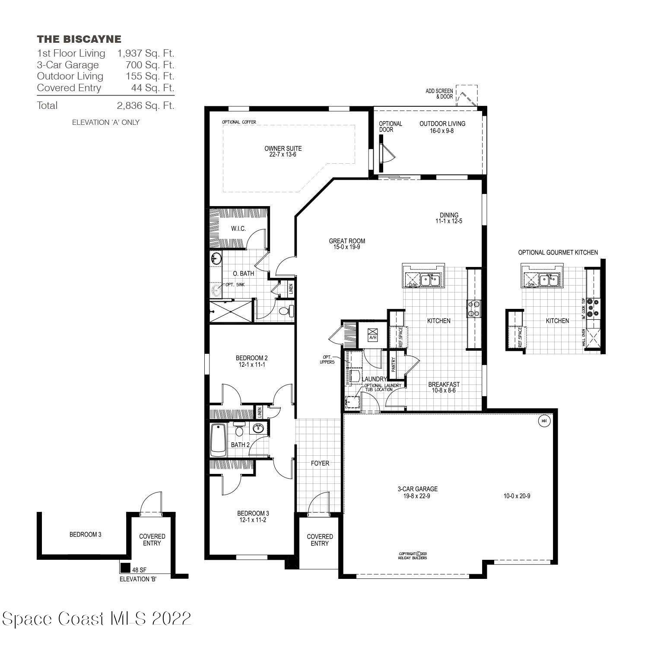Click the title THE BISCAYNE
(79, 39)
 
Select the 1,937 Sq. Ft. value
(146, 54)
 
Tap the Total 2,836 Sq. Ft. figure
(146, 105)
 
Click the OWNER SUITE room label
(283, 151)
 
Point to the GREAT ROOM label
(347, 244)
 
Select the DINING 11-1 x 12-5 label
(449, 218)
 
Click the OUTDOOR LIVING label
(442, 127)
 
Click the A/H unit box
(372, 334)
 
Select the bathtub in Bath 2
(218, 440)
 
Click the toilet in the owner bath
(286, 311)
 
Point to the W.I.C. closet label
(238, 229)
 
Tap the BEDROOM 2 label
(251, 361)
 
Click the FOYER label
(320, 463)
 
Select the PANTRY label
(394, 365)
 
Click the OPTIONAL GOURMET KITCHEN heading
(558, 252)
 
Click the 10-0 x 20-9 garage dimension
(517, 496)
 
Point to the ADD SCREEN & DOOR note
(439, 94)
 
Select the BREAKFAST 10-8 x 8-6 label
(444, 387)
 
